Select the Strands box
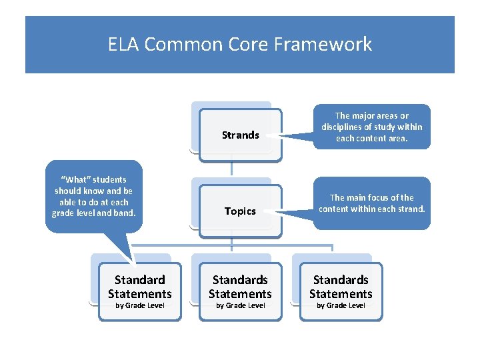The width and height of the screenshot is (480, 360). click(240, 135)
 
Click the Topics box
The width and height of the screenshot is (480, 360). click(240, 211)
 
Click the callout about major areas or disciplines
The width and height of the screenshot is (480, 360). click(372, 127)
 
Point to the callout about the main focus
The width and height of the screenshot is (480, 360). click(372, 203)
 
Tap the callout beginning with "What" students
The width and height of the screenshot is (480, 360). click(93, 196)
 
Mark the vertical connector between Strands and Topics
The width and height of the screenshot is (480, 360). click(231, 168)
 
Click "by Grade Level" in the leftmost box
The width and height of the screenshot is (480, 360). click(139, 305)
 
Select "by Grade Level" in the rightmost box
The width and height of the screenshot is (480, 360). click(341, 305)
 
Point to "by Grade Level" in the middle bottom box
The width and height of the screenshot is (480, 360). click(240, 305)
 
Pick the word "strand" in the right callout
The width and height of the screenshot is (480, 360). click(409, 209)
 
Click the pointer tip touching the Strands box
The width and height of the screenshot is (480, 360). click(261, 138)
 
